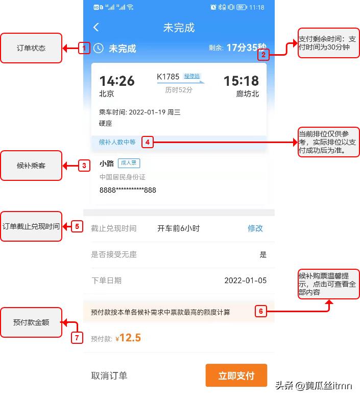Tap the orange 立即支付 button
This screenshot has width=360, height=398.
coord(236,375)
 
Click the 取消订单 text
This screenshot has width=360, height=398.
coord(109,376)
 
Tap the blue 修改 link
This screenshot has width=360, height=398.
coord(255,228)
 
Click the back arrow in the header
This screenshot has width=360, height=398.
coord(96,27)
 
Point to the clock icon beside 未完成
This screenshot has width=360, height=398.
coord(99,48)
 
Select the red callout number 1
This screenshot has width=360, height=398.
coord(84,48)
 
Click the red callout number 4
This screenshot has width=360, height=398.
coord(148,142)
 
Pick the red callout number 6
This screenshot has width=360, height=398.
coord(261,311)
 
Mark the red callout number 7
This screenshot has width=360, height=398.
coord(77,338)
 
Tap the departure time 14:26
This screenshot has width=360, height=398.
coord(117,81)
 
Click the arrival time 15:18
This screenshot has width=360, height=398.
coord(241,81)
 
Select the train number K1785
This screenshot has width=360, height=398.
coord(168,77)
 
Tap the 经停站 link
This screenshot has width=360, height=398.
coord(192,76)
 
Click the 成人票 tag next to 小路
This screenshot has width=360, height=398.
coord(129,163)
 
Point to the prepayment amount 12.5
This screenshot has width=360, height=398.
coord(130,338)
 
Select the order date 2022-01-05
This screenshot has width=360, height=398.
coord(245,280)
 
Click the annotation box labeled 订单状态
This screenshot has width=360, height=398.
coord(31,48)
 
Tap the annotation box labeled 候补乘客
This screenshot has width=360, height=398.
coord(31,166)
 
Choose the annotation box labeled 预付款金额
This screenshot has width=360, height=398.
coord(31,322)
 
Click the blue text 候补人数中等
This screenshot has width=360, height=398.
coord(117,142)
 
